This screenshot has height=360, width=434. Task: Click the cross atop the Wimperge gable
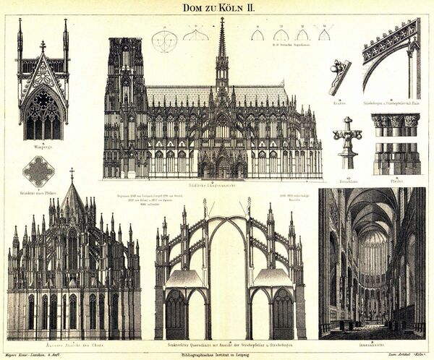[x=43, y=46]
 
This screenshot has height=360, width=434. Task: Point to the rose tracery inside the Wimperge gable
[x=43, y=98]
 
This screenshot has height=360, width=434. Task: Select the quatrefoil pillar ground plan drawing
[x=38, y=171]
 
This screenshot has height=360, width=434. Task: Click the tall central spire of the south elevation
[x=221, y=51]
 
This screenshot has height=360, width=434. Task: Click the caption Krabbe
[x=339, y=103]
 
